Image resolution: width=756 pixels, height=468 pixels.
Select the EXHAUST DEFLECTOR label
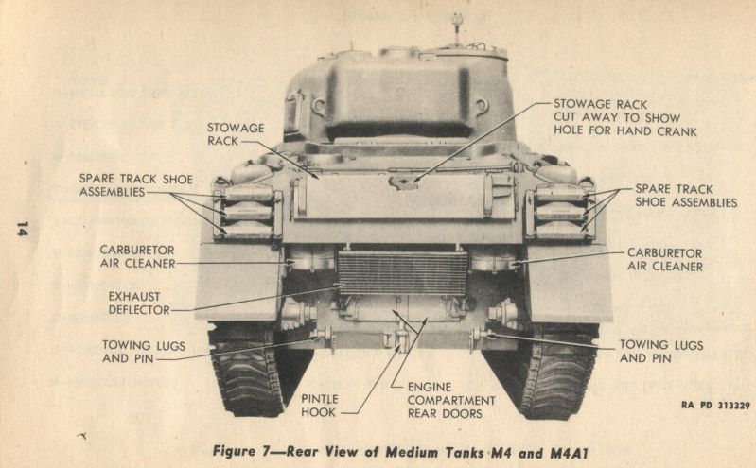click(x=137, y=302)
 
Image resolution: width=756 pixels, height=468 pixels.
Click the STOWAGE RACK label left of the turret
click(x=235, y=133)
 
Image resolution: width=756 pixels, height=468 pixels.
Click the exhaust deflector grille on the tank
click(x=402, y=272)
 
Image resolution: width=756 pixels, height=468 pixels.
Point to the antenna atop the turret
click(x=455, y=23)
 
